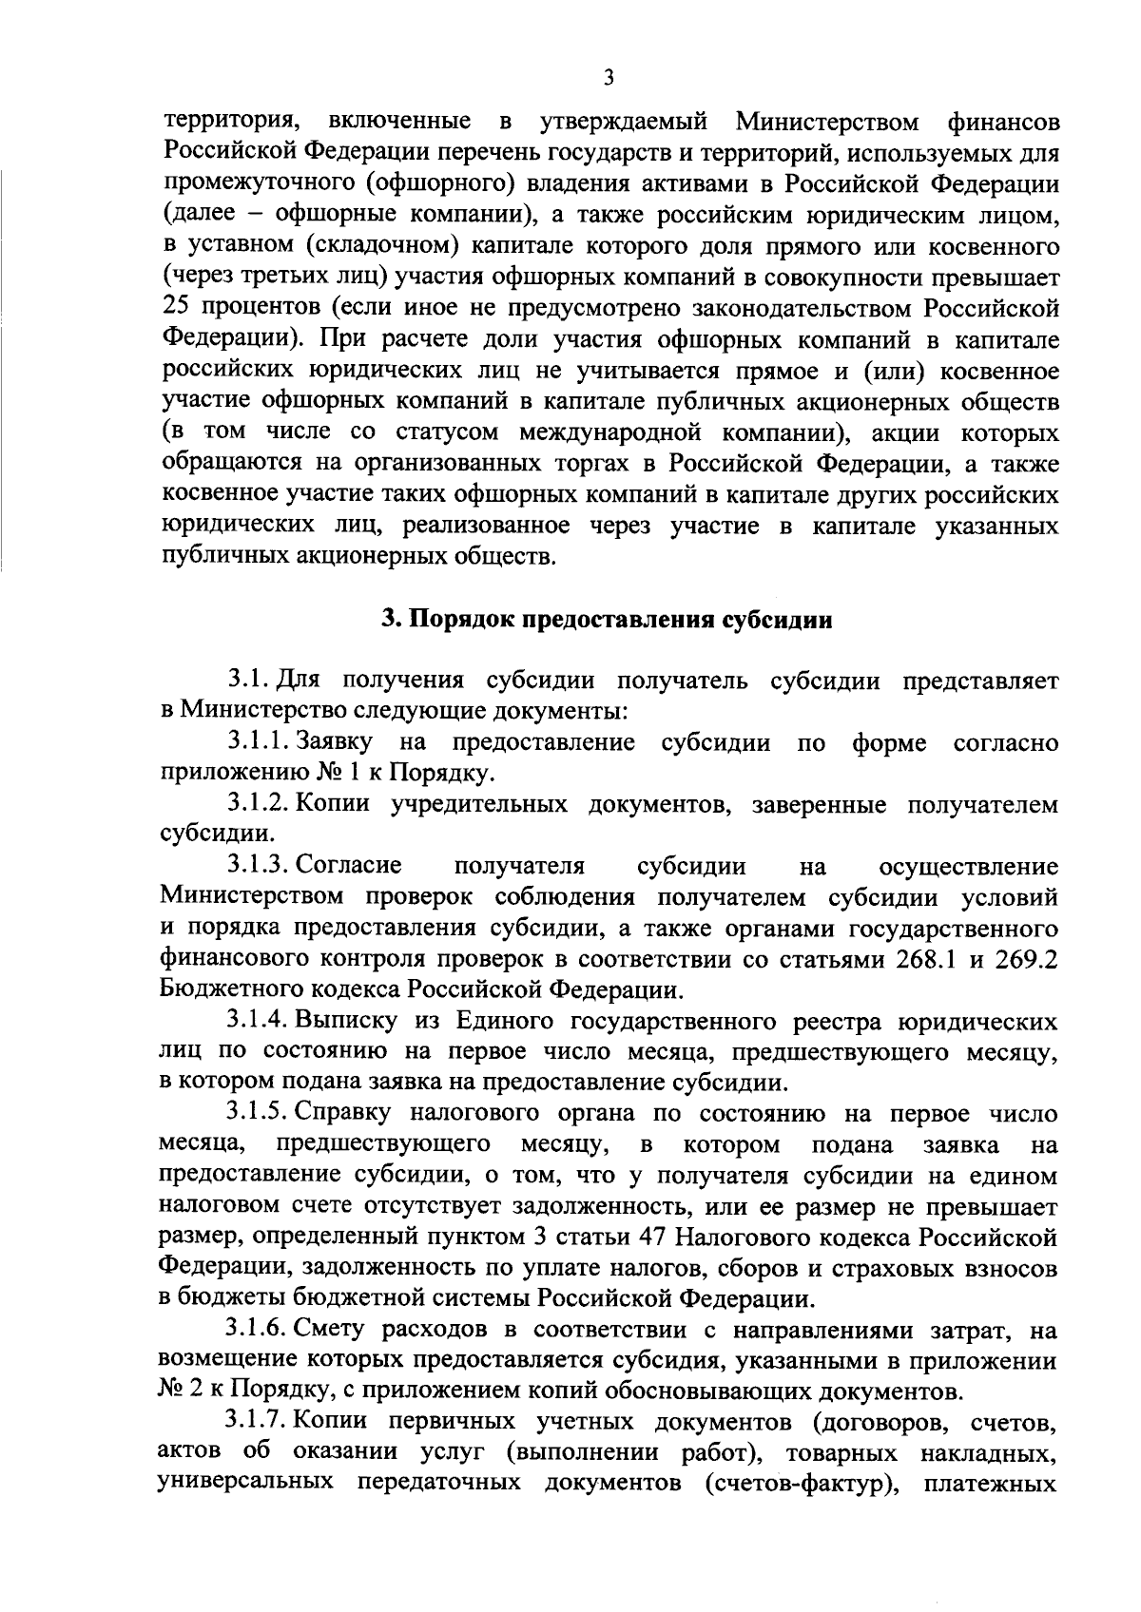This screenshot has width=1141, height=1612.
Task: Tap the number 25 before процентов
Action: (x=179, y=309)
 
